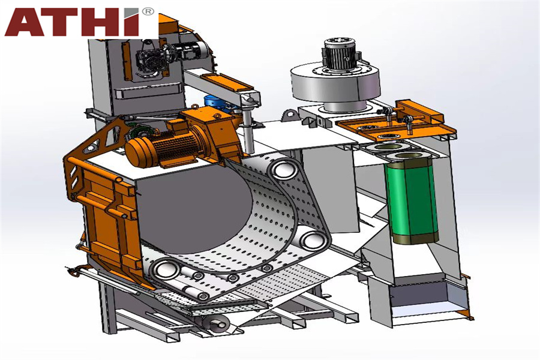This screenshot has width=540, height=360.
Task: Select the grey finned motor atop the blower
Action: click(x=341, y=55)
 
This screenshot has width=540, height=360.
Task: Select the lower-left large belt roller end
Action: click(x=166, y=269)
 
